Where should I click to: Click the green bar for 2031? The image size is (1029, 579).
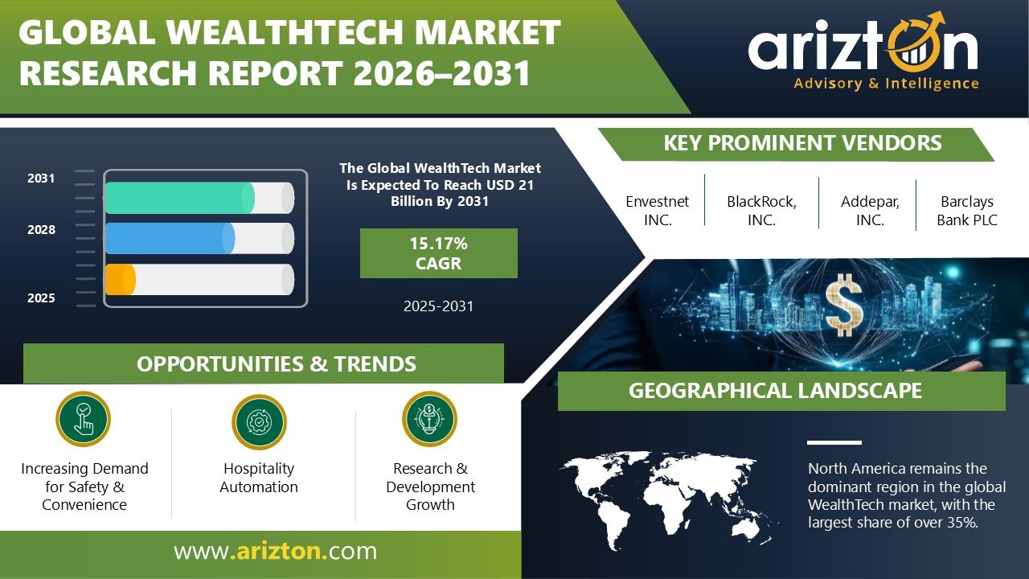(x=179, y=198)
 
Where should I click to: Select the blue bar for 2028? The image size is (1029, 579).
(x=170, y=238)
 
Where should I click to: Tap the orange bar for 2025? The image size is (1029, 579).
(x=121, y=279)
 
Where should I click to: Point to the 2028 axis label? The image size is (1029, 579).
(x=41, y=230)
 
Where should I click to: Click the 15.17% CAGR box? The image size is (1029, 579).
(x=439, y=253)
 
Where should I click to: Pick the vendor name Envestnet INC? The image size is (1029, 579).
(x=658, y=211)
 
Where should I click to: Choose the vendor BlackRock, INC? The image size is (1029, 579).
(x=761, y=211)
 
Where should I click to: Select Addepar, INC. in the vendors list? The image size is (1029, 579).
(x=870, y=211)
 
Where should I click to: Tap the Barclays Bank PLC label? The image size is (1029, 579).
(x=967, y=211)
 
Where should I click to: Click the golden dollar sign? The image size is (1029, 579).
(x=844, y=305)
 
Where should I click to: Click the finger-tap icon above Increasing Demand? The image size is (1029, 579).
(x=83, y=419)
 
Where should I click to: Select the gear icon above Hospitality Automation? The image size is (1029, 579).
(x=259, y=421)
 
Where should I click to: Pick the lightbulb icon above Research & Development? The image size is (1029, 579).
(x=429, y=419)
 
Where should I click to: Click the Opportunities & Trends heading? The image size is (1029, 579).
(x=276, y=364)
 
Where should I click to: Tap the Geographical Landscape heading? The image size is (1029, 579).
(x=775, y=391)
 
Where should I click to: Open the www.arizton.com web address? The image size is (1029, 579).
(x=275, y=551)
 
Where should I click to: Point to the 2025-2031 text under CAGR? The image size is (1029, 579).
(x=439, y=306)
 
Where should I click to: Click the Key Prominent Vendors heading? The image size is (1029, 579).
(x=802, y=143)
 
